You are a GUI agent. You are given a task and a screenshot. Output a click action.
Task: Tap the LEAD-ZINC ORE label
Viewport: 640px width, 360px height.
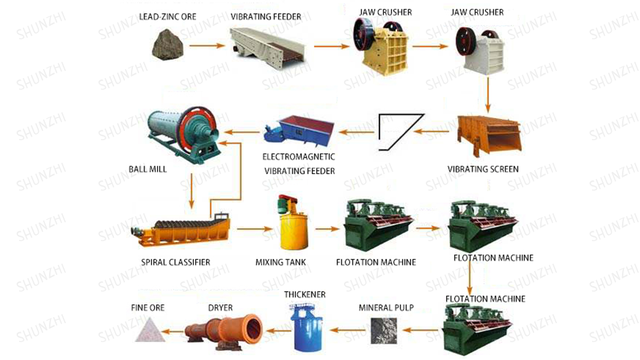[168, 16]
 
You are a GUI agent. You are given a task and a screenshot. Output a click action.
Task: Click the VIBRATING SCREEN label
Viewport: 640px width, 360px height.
[483, 169]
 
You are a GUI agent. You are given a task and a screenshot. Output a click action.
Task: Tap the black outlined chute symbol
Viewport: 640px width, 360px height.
[400, 131]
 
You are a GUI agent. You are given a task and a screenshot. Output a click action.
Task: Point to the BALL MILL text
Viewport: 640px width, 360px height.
[148, 169]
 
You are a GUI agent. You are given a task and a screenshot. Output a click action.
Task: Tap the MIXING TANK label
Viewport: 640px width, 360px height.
[281, 262]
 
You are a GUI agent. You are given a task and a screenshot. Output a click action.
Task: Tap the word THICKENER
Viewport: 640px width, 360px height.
[305, 295]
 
